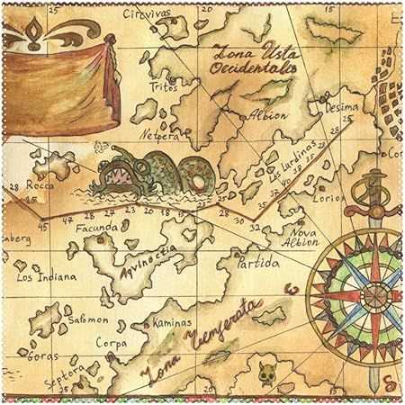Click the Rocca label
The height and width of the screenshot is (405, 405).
point(40,185)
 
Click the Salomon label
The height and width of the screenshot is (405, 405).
point(88,319)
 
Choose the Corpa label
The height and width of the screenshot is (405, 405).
point(112,342)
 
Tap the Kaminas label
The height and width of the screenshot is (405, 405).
point(172,321)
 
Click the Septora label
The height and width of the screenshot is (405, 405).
point(64,368)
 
